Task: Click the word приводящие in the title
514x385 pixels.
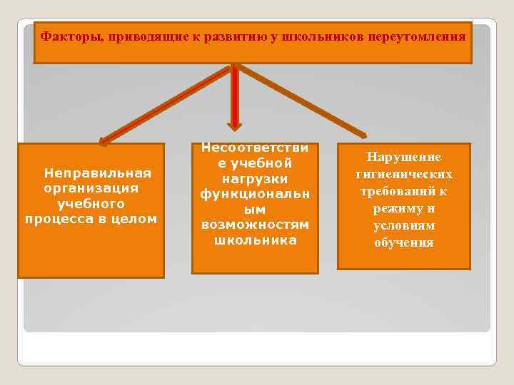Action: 145,36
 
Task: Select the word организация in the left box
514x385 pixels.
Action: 91,188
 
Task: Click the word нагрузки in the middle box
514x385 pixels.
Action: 255,179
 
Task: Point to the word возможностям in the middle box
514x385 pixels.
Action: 255,225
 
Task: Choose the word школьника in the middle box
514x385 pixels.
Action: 255,240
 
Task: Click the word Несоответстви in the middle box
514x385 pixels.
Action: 255,148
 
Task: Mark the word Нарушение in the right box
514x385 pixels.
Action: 403,157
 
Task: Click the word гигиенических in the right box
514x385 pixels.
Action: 403,174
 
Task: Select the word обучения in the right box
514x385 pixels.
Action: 403,242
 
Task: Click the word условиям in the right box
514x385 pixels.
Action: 403,225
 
